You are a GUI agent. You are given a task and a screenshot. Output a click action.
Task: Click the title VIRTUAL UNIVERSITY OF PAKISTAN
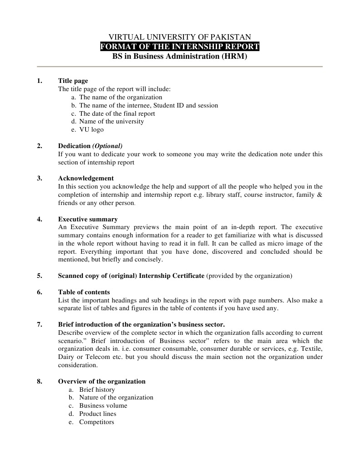[179, 37]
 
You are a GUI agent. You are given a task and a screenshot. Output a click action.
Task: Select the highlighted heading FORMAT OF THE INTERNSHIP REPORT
[180, 46]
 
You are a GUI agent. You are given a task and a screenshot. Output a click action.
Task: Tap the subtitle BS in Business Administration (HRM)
[180, 56]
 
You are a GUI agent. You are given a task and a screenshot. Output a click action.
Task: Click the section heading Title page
[73, 81]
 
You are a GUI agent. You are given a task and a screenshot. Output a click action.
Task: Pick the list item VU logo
[91, 129]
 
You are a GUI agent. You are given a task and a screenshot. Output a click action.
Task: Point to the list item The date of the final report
[117, 113]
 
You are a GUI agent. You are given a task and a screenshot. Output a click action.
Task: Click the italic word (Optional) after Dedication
[107, 146]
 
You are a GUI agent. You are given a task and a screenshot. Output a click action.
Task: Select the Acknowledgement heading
[86, 178]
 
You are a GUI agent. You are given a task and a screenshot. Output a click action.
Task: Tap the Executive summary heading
[87, 219]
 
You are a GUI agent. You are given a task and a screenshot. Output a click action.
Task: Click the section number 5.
[40, 276]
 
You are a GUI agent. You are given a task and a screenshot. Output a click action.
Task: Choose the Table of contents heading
[84, 292]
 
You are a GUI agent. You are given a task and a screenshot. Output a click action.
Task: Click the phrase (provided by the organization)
[249, 276]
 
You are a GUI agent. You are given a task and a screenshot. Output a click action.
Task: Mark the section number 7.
[40, 324]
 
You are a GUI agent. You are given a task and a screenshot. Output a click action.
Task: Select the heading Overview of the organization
[101, 381]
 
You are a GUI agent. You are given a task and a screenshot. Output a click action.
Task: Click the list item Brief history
[97, 389]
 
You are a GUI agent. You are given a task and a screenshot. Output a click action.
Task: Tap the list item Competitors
[96, 422]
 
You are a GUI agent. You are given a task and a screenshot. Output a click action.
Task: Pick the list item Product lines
[97, 414]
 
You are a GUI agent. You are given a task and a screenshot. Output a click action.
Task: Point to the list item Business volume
[103, 405]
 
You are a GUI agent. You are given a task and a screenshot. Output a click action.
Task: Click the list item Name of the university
[111, 121]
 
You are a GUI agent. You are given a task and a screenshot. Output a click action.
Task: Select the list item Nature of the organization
[116, 397]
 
